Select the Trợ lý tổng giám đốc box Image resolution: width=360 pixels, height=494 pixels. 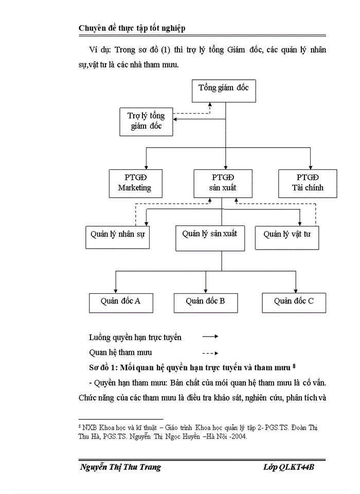[x=146, y=121]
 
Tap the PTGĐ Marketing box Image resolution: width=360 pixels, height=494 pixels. [x=135, y=183]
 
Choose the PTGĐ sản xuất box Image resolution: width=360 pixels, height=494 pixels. [x=223, y=183]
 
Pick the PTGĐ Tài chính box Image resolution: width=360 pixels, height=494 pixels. [x=308, y=183]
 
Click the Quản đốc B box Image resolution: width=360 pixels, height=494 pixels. [x=205, y=302]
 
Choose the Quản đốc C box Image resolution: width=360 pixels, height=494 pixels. [x=294, y=302]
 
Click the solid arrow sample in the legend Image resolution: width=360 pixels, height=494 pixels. [x=210, y=337]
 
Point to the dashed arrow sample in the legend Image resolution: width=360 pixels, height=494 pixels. [x=210, y=353]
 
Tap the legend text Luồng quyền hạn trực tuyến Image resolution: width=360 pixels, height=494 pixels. [x=135, y=338]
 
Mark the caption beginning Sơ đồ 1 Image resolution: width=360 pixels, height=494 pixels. [x=193, y=367]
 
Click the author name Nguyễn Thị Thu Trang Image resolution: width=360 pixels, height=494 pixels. [x=121, y=467]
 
